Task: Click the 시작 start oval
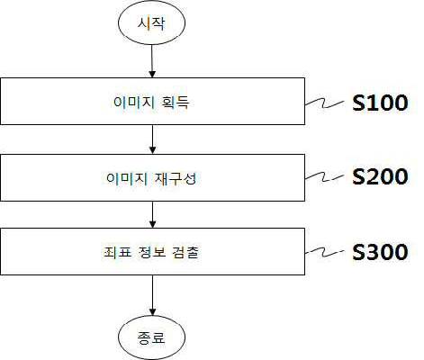click(151, 22)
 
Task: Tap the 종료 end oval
click(151, 337)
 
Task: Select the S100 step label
click(380, 103)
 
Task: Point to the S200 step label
click(380, 176)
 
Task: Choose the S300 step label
click(380, 252)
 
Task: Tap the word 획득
click(176, 102)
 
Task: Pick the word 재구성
click(176, 178)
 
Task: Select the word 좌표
click(118, 252)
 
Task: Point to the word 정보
click(152, 252)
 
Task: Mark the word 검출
click(185, 252)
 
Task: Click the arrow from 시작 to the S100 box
click(152, 61)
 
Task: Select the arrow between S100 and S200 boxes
click(152, 139)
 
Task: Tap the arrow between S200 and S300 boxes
click(152, 214)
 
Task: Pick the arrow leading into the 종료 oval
click(152, 295)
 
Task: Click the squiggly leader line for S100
click(324, 103)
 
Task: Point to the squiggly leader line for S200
click(324, 177)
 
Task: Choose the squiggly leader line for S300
click(324, 253)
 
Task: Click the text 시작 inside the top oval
click(151, 23)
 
